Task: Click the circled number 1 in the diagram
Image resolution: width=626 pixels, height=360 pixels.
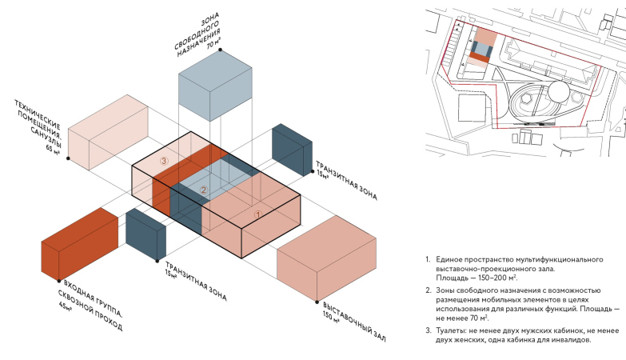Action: pyautogui.click(x=258, y=214)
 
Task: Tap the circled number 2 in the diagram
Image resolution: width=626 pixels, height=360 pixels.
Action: pyautogui.click(x=204, y=190)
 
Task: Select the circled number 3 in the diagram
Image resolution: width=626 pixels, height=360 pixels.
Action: pyautogui.click(x=163, y=161)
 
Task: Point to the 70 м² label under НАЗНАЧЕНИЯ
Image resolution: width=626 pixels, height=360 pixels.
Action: pyautogui.click(x=213, y=46)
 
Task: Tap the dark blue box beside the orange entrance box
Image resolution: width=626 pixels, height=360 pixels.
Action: pyautogui.click(x=146, y=234)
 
